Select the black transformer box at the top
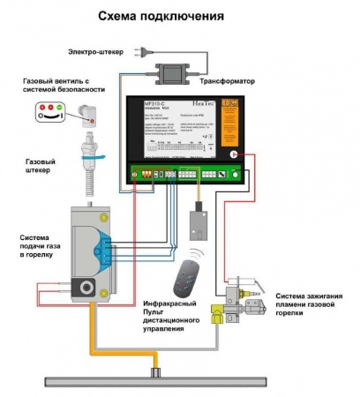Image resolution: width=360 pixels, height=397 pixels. tap(173, 67)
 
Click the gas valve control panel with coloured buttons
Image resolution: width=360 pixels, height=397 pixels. tap(49, 112)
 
